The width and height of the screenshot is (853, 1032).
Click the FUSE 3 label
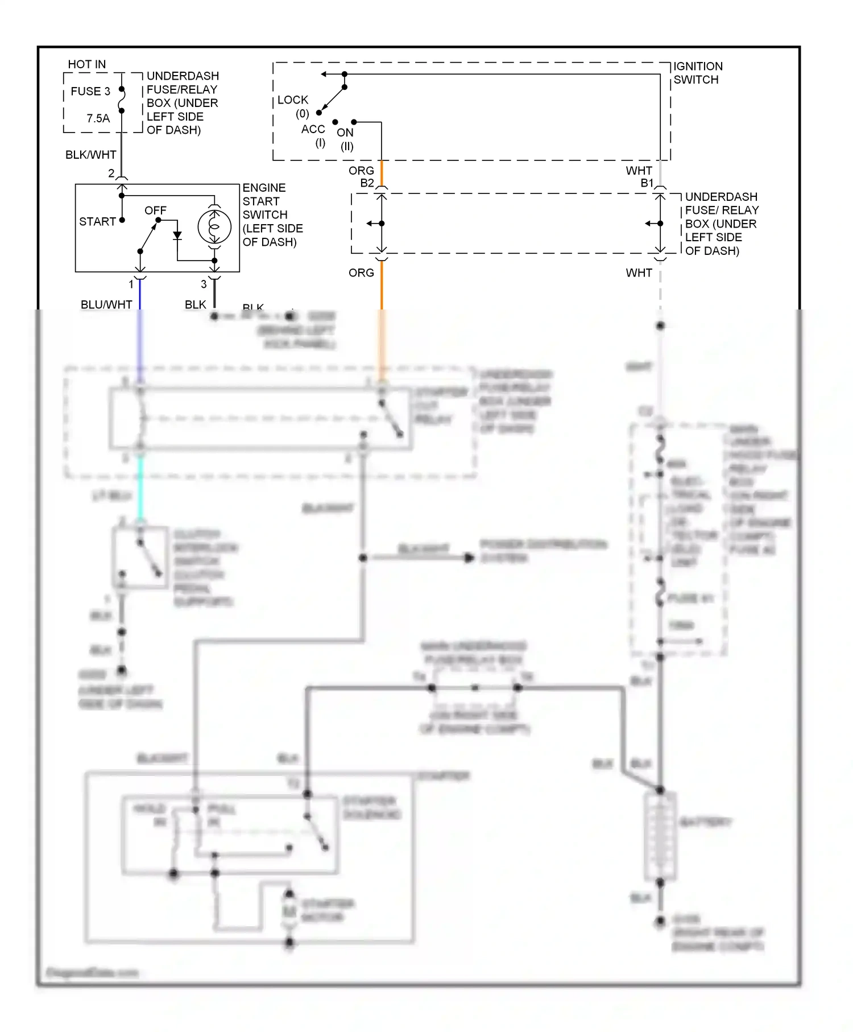tap(90, 91)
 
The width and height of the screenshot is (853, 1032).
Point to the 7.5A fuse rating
tap(98, 118)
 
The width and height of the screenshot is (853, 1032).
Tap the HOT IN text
tap(86, 64)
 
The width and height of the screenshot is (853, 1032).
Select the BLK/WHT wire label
tap(90, 155)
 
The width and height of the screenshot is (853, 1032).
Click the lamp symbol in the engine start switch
tap(214, 226)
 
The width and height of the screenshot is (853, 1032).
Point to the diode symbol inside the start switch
tap(177, 235)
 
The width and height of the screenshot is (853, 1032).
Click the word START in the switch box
tap(97, 221)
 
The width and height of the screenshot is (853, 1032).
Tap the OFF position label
tap(155, 210)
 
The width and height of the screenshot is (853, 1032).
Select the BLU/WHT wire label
tap(106, 304)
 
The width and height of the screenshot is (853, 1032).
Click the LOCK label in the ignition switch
tap(293, 100)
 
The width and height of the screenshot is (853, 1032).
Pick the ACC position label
tap(313, 129)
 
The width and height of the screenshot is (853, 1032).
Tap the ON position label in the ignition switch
tap(345, 133)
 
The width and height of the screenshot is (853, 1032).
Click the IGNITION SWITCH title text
tap(697, 73)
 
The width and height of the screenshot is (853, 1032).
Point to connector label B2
tap(367, 183)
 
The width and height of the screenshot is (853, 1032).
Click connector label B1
tap(647, 183)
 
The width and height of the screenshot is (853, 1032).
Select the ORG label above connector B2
tap(361, 171)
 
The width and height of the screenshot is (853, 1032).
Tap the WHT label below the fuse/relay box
tap(639, 273)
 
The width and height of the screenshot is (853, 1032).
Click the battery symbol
tap(660, 836)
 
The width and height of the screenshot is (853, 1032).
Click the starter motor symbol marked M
tap(289, 911)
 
